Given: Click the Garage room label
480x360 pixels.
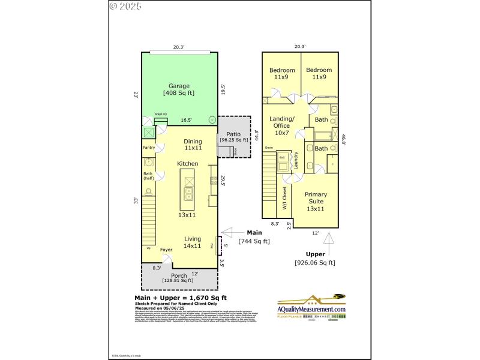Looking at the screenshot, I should click(178, 89).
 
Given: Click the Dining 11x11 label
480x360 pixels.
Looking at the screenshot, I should click(193, 144).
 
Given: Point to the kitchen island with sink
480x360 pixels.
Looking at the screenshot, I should click(188, 186).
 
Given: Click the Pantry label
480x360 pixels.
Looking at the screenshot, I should click(149, 148).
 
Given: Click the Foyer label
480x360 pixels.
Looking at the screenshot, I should click(166, 249).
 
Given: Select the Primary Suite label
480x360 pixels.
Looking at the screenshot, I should click(316, 201).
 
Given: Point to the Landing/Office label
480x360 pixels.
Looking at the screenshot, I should click(281, 125).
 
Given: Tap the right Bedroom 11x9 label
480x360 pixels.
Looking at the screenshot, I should click(319, 74).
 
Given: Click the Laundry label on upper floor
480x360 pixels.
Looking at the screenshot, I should click(296, 160).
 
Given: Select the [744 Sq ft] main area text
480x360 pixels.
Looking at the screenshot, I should click(254, 241).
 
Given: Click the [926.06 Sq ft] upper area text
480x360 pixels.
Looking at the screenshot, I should click(315, 262).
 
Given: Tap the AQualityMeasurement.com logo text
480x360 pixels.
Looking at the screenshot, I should click(311, 309).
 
